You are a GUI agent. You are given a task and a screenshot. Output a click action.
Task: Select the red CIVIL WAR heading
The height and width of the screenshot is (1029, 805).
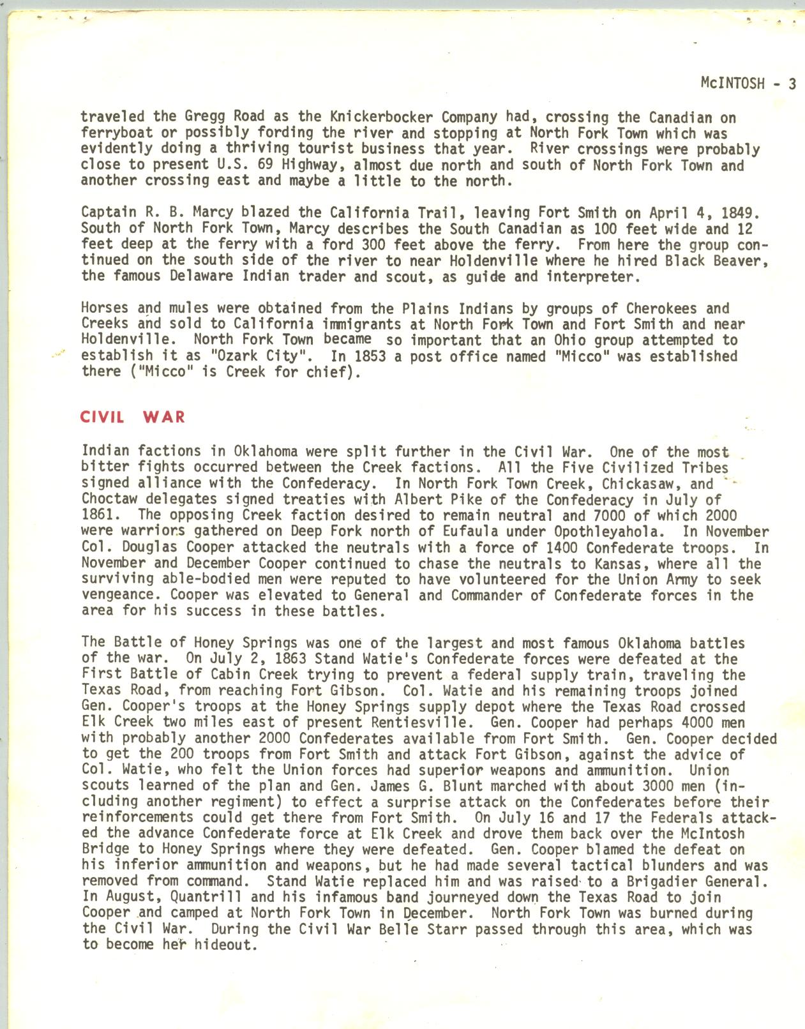(133, 417)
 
